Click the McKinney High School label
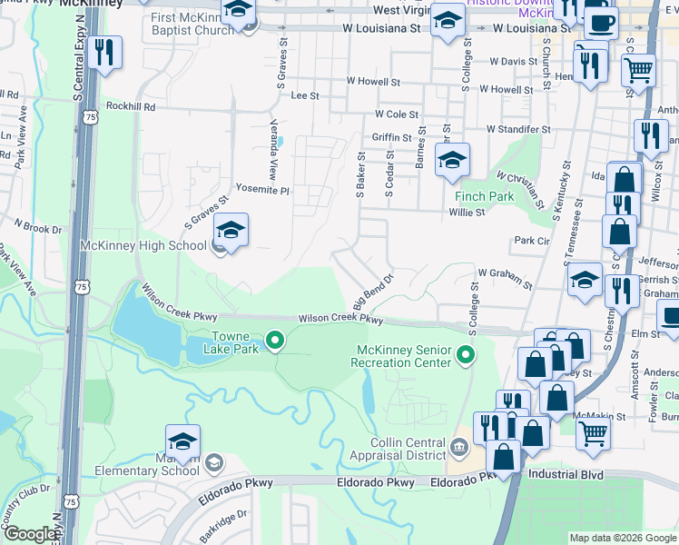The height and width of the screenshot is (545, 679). click(143, 245)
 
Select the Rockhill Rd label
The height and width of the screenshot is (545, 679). click(131, 106)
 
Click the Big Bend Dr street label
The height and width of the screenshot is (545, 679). click(372, 290)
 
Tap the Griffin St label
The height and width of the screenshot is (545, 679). click(392, 138)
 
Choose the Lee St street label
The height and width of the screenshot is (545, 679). click(305, 95)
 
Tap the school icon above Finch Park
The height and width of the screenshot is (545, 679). click(451, 162)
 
